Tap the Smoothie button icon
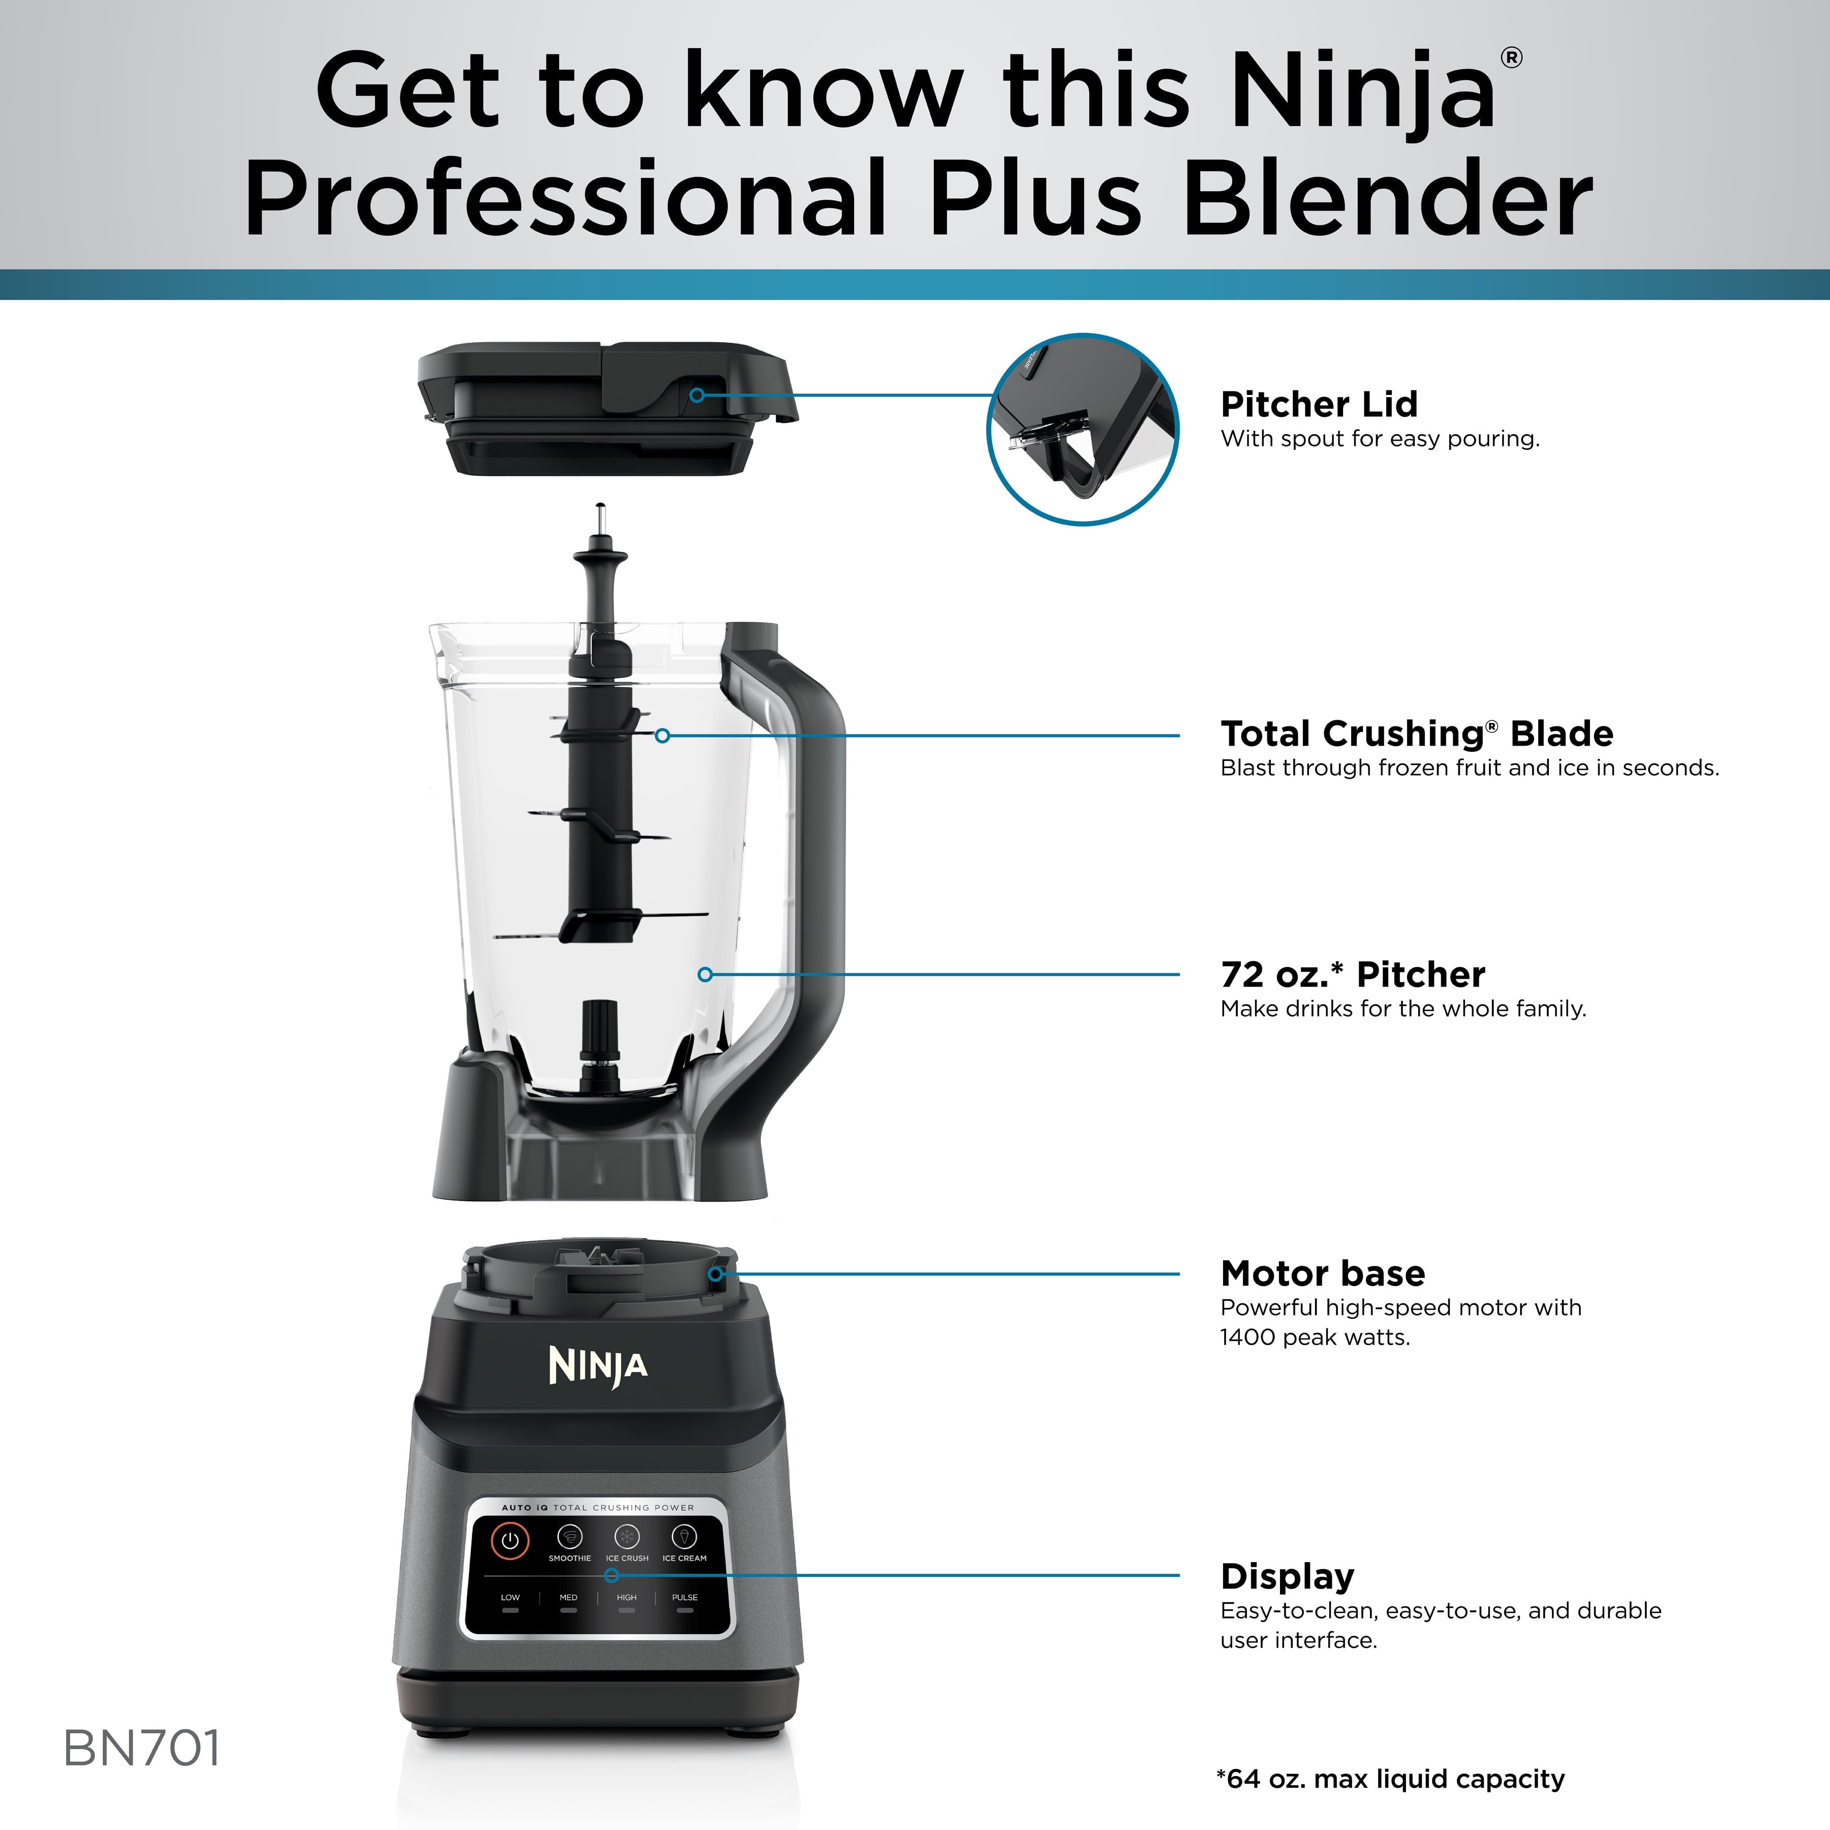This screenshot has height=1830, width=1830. pyautogui.click(x=569, y=1536)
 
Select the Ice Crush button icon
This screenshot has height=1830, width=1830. pyautogui.click(x=627, y=1536)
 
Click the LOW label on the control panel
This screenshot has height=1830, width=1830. pyautogui.click(x=510, y=1597)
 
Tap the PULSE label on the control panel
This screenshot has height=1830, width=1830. pyautogui.click(x=685, y=1597)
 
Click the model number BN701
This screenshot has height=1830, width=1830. pyautogui.click(x=142, y=1749)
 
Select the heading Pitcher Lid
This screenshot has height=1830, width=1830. pyautogui.click(x=1319, y=405)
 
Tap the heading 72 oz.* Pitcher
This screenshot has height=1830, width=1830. pyautogui.click(x=1353, y=974)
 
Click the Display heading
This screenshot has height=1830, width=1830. pyautogui.click(x=1287, y=1576)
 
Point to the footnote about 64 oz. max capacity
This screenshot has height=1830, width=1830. pyautogui.click(x=1390, y=1779)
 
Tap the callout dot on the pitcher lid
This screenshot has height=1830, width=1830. pyautogui.click(x=697, y=395)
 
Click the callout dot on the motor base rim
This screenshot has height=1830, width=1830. pyautogui.click(x=716, y=1274)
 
